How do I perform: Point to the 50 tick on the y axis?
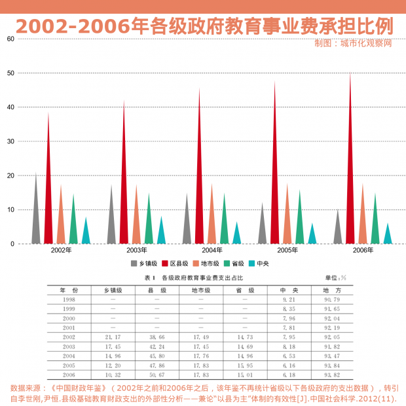(10, 73)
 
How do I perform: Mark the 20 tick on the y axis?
(10, 175)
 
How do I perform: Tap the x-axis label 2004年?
(212, 251)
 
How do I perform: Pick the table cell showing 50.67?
(156, 375)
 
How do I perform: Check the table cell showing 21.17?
(113, 337)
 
